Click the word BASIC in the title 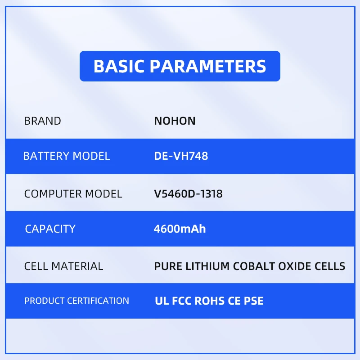pos(119,66)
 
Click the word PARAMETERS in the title pos(208,66)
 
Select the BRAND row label pos(42,121)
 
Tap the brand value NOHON pos(175,121)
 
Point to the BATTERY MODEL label pos(67,156)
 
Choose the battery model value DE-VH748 pos(181,156)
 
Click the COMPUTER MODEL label pos(73,194)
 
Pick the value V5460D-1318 pos(188,194)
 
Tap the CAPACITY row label pos(50,229)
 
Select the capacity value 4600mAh pos(180,229)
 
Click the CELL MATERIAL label pos(63,266)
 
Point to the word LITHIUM pos(207,266)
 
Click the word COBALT pos(254,266)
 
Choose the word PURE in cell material pos(168,266)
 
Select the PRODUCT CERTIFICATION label pos(76,301)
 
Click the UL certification pos(162,301)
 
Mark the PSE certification pos(253,301)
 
